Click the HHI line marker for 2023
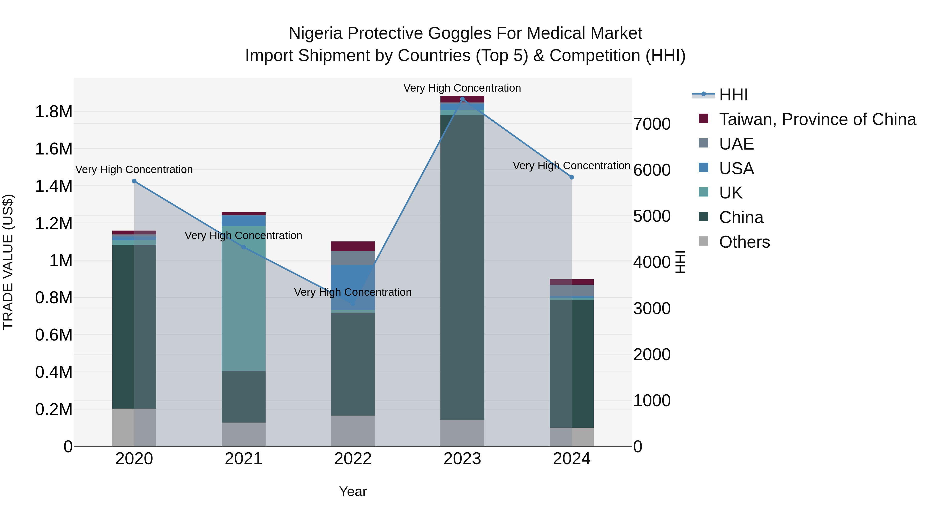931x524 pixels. (x=462, y=99)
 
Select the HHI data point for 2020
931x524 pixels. (x=134, y=181)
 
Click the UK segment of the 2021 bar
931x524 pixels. (x=243, y=298)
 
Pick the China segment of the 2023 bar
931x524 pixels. (x=462, y=268)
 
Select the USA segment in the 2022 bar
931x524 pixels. (x=353, y=287)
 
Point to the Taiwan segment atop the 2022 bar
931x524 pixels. (x=353, y=246)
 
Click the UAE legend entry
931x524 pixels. (x=736, y=144)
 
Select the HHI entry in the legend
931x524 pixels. (x=733, y=95)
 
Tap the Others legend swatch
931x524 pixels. (x=704, y=241)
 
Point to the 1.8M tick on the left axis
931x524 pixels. (x=54, y=112)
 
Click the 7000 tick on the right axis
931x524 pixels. (x=652, y=124)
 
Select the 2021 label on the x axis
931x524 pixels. (x=243, y=459)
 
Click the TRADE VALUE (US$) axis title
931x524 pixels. (x=8, y=262)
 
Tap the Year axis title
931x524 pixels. (x=353, y=491)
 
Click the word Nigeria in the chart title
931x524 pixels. (x=316, y=33)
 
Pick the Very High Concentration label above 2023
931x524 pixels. (x=462, y=88)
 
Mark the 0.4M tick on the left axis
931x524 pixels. (x=54, y=372)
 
